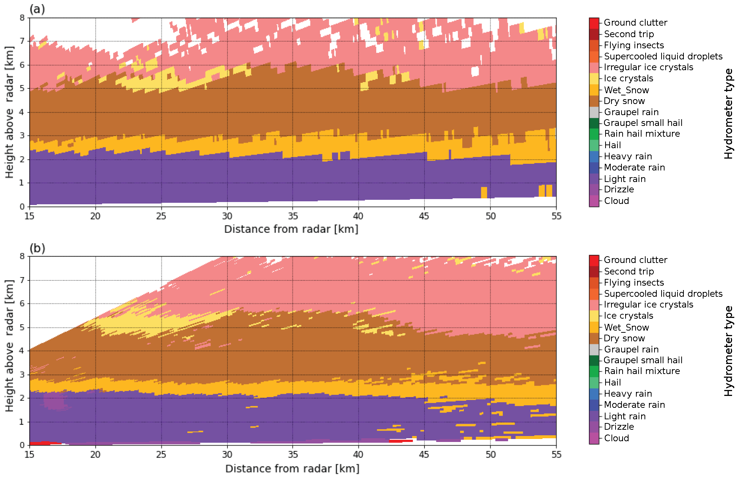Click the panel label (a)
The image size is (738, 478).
pos(37,9)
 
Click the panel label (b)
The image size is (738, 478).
pos(37,248)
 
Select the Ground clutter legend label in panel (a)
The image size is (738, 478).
pos(635,23)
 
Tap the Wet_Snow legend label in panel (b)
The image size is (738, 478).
pos(626,327)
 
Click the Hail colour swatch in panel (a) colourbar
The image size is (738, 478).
pos(594,145)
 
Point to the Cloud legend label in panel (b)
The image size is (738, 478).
pos(616,438)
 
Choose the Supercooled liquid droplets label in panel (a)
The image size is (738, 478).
pos(663,56)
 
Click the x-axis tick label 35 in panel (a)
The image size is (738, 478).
pos(293,216)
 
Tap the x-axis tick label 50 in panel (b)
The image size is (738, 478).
pos(491,455)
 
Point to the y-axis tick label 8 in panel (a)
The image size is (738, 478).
pos(22,18)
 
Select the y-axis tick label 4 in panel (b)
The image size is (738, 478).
pos(22,351)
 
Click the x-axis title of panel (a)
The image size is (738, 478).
pos(291,229)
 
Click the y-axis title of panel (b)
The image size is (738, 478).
pos(9,346)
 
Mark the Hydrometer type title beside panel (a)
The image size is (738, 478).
pos(729,113)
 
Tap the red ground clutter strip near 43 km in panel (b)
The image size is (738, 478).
pos(401,441)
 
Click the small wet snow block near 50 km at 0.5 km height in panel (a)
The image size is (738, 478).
pos(484,192)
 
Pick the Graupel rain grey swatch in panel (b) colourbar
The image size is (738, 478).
pos(594,349)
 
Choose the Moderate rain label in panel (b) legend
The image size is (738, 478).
pos(634,405)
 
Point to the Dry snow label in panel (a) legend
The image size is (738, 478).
pos(624,101)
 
